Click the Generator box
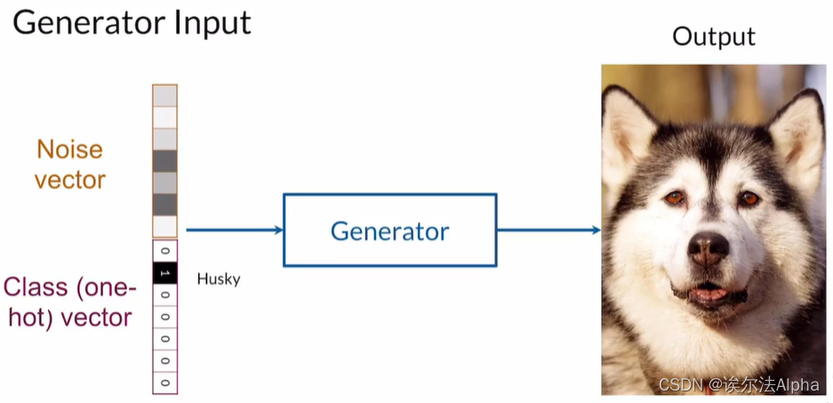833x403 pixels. pos(390,230)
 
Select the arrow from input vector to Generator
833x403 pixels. pos(234,230)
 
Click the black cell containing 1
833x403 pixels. pos(164,273)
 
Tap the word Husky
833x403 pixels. pos(219,279)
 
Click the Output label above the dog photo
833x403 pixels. pos(713,36)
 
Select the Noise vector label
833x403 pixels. pos(70,165)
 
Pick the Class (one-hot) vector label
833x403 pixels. pos(68,302)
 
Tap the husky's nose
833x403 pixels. pos(709,248)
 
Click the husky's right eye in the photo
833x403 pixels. pos(749,197)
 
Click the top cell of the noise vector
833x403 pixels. pos(164,95)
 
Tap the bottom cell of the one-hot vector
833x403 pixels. pos(164,383)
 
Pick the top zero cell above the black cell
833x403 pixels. pos(164,251)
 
